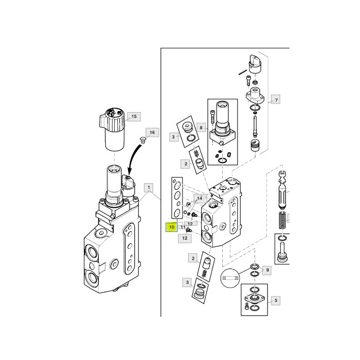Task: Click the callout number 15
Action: pos(134,117)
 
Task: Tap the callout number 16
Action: pos(151,133)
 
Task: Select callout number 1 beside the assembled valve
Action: pos(149,187)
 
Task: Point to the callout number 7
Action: pos(276,100)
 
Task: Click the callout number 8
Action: pos(201,127)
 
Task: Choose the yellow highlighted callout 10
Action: pos(171,226)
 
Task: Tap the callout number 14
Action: pos(199,197)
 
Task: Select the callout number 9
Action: pos(266,269)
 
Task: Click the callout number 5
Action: pos(276,300)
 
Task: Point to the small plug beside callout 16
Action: pos(143,140)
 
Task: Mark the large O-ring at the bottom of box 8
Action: pos(222,161)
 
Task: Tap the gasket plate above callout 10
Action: pos(177,197)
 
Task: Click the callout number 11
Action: pos(183,227)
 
